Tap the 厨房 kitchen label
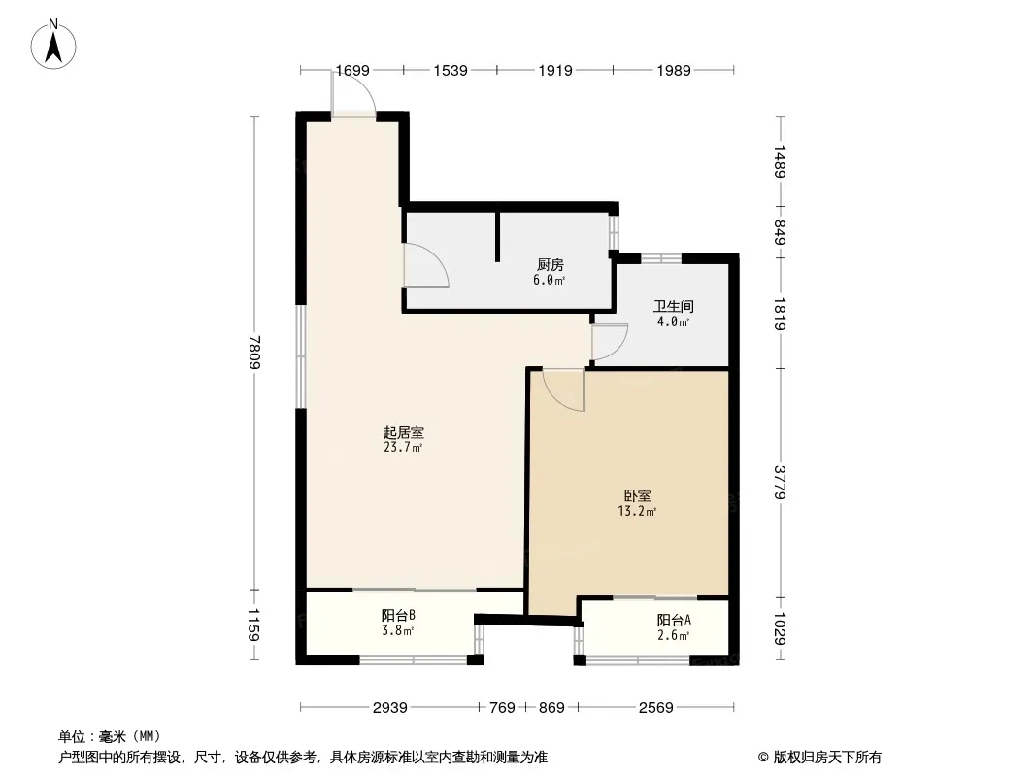[550, 265]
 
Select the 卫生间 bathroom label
[673, 306]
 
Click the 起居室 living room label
[403, 432]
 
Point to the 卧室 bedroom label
[638, 495]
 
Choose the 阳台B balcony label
[398, 615]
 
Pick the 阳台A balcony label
[674, 620]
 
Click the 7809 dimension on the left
[255, 352]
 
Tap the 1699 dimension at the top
[352, 70]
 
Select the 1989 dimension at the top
[673, 70]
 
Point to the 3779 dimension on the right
[781, 482]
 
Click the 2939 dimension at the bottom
[390, 708]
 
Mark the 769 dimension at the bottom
[502, 708]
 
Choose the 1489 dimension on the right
[781, 161]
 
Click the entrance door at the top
[353, 94]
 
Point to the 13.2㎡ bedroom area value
[637, 511]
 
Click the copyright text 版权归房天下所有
[827, 758]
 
